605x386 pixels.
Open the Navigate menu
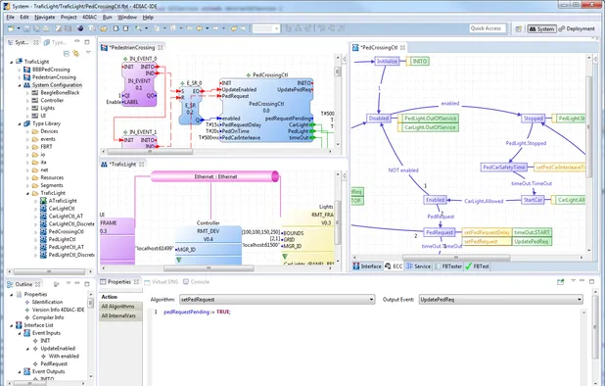point(43,18)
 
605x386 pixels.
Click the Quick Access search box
point(487,29)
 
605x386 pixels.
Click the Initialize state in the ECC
point(389,61)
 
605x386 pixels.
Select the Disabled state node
point(379,119)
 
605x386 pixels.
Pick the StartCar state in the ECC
point(533,199)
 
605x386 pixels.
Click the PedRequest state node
point(441,232)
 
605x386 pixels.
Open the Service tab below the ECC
point(422,265)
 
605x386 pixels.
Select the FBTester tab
point(450,265)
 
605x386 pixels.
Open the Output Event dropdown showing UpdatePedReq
point(508,299)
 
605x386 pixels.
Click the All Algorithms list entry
point(118,307)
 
